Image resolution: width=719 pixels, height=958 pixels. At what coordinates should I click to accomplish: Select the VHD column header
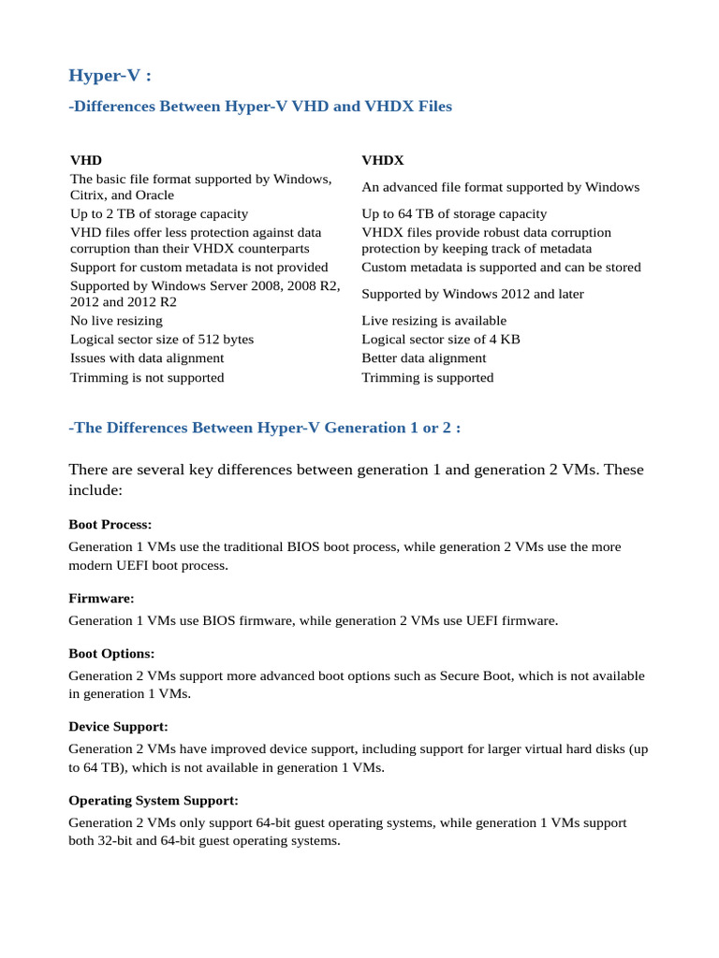click(86, 161)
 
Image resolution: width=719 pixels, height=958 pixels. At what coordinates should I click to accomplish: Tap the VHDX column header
click(383, 161)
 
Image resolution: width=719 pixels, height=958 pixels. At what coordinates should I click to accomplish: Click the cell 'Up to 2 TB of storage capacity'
click(159, 214)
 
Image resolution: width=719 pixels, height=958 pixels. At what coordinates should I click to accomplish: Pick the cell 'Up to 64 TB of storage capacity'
click(454, 214)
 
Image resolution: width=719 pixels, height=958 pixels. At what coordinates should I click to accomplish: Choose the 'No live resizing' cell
click(116, 321)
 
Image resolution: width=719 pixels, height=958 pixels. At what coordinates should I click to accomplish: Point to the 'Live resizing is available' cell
click(434, 321)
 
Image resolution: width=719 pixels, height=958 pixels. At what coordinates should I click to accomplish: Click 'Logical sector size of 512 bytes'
click(162, 340)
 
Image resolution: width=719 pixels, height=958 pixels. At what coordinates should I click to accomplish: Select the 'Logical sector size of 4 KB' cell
click(441, 340)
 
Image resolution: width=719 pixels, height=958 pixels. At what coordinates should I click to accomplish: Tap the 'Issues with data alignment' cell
click(147, 358)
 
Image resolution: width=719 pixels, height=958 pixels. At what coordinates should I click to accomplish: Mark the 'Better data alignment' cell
click(424, 358)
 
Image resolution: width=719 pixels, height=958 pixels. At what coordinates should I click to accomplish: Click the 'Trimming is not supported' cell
click(147, 378)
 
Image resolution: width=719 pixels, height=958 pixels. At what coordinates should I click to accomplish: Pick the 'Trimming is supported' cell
click(428, 378)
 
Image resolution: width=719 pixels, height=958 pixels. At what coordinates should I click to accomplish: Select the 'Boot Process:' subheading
click(110, 525)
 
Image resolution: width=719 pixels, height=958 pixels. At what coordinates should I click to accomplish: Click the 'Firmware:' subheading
click(102, 598)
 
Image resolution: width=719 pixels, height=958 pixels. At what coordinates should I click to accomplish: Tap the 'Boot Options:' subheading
click(112, 653)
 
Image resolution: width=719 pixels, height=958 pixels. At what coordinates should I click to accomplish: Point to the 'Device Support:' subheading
click(118, 726)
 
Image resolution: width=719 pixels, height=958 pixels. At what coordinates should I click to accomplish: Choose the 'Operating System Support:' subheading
click(154, 801)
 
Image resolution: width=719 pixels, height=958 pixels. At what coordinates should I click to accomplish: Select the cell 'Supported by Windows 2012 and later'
click(473, 294)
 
